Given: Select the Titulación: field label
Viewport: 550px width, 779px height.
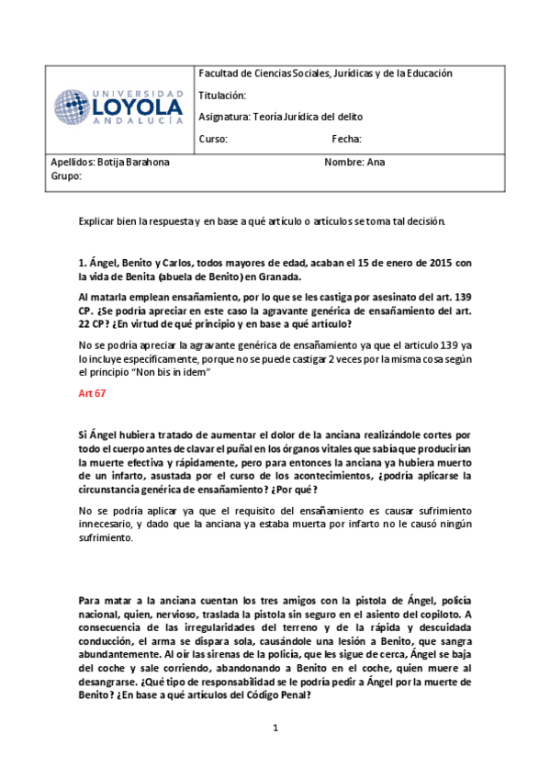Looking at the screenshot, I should pos(223,95).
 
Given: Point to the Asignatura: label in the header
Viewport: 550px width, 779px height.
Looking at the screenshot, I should pos(225,118).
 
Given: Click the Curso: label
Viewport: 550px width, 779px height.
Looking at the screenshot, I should pos(213,140).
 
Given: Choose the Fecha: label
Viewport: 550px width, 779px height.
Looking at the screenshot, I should pos(346,140).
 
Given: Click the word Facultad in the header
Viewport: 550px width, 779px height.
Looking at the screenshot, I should pos(219,73).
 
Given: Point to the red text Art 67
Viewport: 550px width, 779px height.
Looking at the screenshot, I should pos(93,393).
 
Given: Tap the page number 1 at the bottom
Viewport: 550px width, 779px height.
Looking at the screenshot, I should pos(274,728).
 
